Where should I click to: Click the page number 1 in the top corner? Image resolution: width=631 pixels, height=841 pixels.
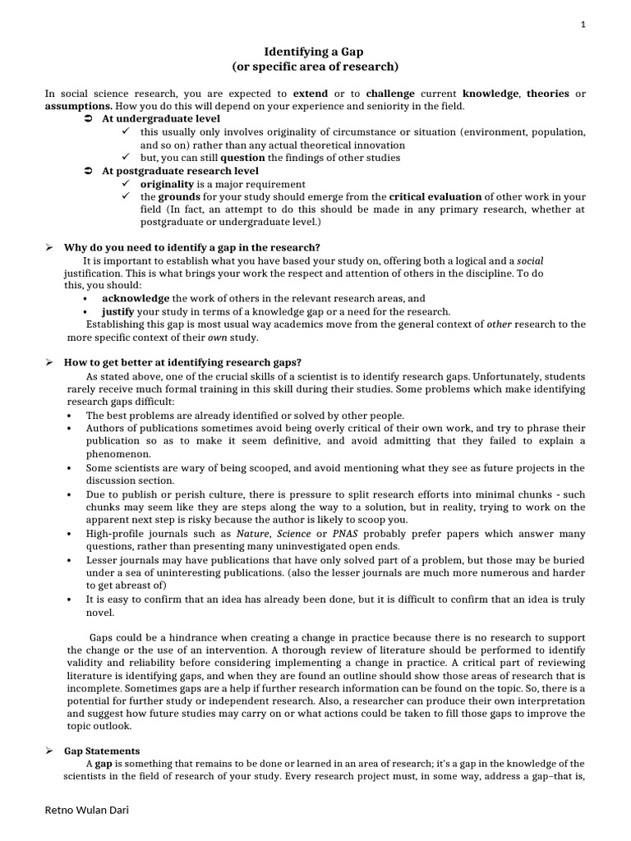point(583,25)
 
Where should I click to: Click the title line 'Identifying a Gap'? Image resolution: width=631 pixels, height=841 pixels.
point(315,51)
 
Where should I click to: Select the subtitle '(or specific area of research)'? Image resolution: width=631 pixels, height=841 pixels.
point(315,67)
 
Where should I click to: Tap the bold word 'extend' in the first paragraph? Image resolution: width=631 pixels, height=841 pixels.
point(310,94)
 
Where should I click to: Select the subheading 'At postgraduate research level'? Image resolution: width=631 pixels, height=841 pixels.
point(180,171)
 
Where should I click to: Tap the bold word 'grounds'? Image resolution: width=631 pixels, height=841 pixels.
point(178,197)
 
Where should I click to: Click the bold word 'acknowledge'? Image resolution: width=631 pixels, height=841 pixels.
point(136,299)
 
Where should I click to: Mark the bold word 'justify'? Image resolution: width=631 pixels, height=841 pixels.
point(117,311)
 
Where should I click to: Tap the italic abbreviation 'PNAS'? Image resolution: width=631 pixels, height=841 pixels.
point(340,534)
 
